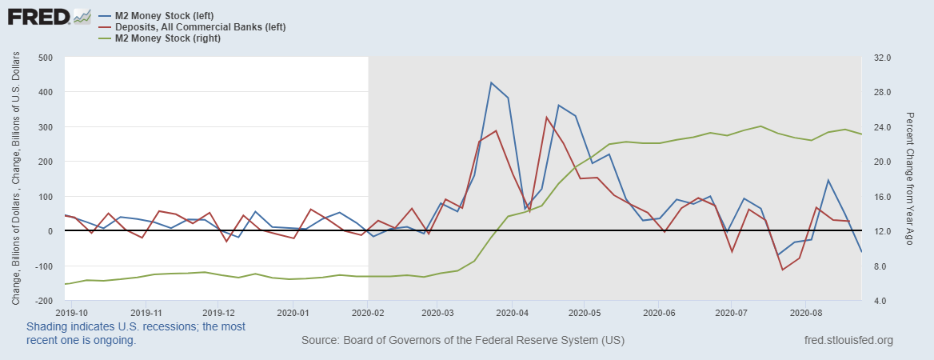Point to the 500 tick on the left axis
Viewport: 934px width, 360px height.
click(45, 58)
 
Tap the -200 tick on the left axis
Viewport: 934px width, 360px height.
click(42, 301)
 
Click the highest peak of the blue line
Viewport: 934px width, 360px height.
click(491, 82)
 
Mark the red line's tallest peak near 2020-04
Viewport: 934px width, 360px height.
click(546, 118)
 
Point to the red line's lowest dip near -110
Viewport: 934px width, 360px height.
click(782, 270)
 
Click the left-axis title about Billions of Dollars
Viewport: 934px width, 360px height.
click(17, 179)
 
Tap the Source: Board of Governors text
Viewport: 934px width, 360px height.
click(462, 341)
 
